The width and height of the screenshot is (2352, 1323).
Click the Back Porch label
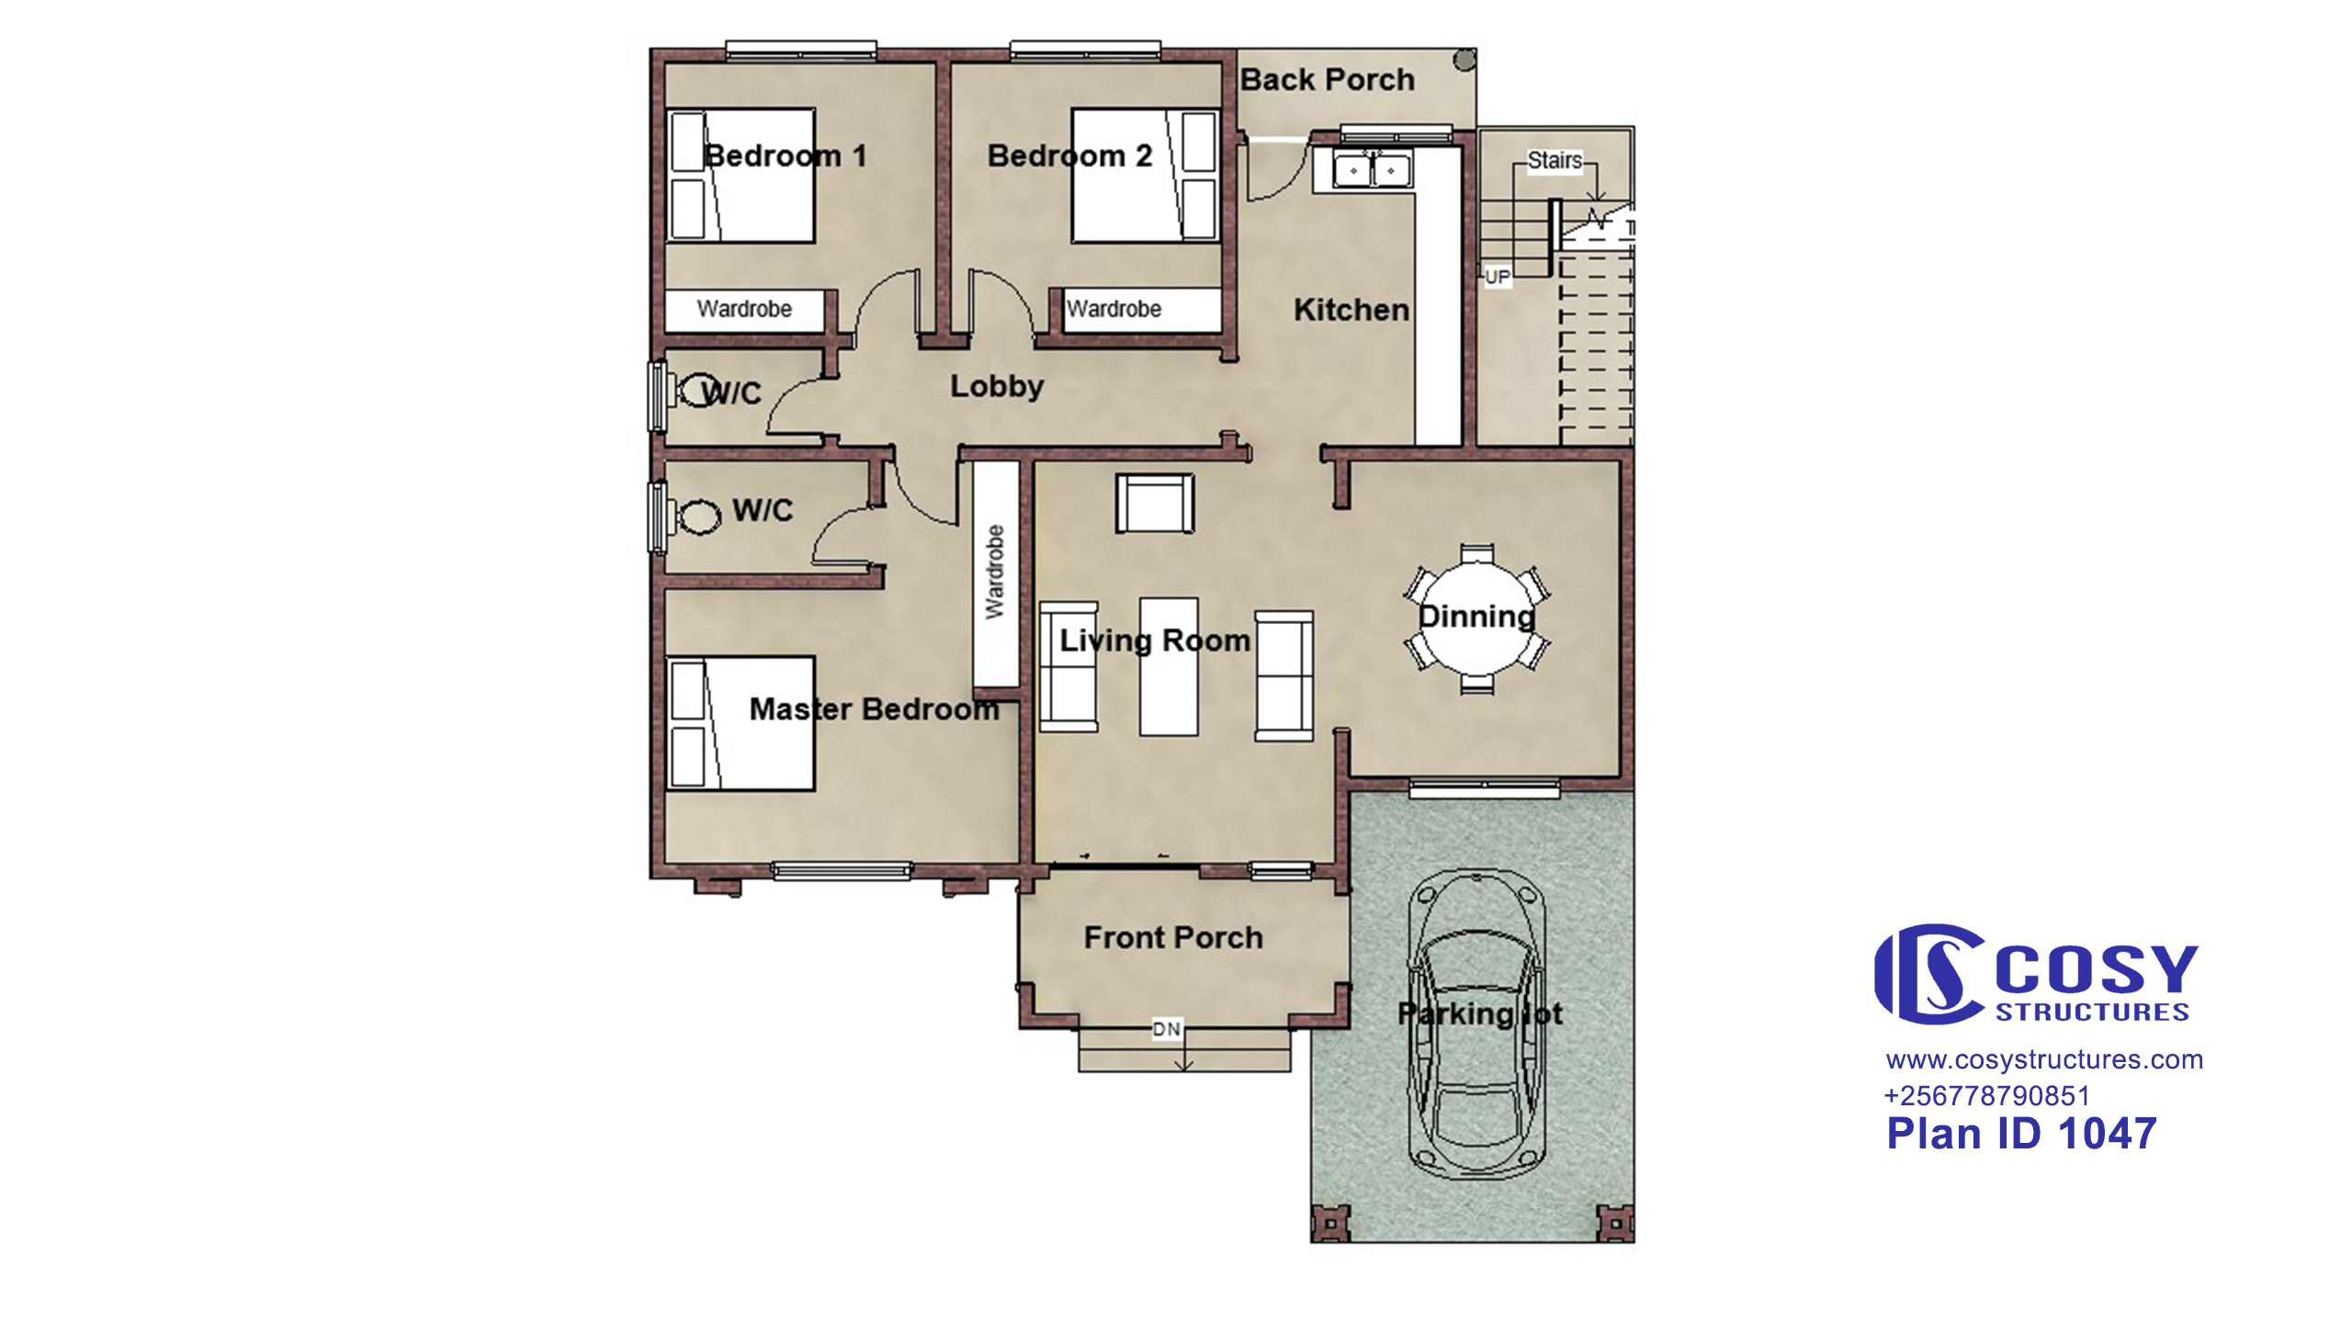1327,80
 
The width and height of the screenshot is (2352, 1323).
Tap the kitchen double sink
1372,170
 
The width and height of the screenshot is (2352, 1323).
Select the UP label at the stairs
1498,277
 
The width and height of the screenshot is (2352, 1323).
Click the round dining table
1476,617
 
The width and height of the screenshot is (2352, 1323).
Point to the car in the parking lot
1477,1024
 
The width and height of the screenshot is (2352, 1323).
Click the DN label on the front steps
1167,1029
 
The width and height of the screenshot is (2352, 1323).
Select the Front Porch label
1173,937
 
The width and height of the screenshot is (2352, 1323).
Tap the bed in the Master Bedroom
741,723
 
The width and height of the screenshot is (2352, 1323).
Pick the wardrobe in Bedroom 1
745,310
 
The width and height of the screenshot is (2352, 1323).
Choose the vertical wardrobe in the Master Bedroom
996,573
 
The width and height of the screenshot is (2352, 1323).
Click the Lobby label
997,386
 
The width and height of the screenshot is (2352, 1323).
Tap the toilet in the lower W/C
698,516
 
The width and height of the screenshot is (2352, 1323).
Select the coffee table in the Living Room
1169,666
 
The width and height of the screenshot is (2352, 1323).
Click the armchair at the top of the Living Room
1155,503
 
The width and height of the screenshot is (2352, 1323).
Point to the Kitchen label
1351,310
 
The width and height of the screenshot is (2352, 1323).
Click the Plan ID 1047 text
2021,1134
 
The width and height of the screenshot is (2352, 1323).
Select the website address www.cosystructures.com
2044,1059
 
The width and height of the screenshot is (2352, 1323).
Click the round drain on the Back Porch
1464,61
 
